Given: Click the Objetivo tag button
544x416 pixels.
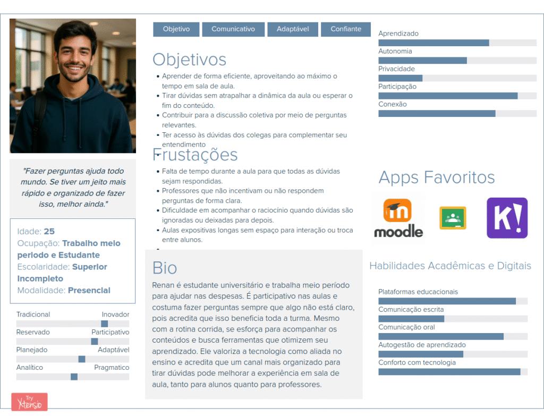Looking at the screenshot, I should [x=176, y=29].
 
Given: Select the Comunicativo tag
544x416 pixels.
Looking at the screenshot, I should [x=233, y=29].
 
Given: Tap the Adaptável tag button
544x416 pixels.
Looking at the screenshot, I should [x=292, y=29].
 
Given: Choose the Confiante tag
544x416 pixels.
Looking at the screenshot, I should [x=346, y=29].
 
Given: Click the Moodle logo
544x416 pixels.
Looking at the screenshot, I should [x=398, y=218].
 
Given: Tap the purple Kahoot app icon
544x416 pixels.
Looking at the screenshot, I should [x=507, y=218].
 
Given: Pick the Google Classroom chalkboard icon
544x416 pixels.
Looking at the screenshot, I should [x=453, y=218].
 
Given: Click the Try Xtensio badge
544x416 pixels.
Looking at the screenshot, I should [x=29, y=402].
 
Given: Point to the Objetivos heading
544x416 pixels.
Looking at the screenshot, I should [x=189, y=60].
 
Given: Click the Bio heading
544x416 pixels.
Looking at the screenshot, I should [x=165, y=267].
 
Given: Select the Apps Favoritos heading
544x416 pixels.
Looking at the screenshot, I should [x=436, y=177].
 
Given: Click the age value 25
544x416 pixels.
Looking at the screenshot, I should [x=49, y=232].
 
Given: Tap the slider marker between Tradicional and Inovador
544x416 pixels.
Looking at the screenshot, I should [x=105, y=324].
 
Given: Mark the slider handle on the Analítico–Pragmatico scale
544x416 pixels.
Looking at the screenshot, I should [x=74, y=377].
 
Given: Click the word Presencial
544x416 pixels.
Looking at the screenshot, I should [x=89, y=291].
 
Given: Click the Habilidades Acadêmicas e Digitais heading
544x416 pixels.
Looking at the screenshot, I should [x=450, y=266].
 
